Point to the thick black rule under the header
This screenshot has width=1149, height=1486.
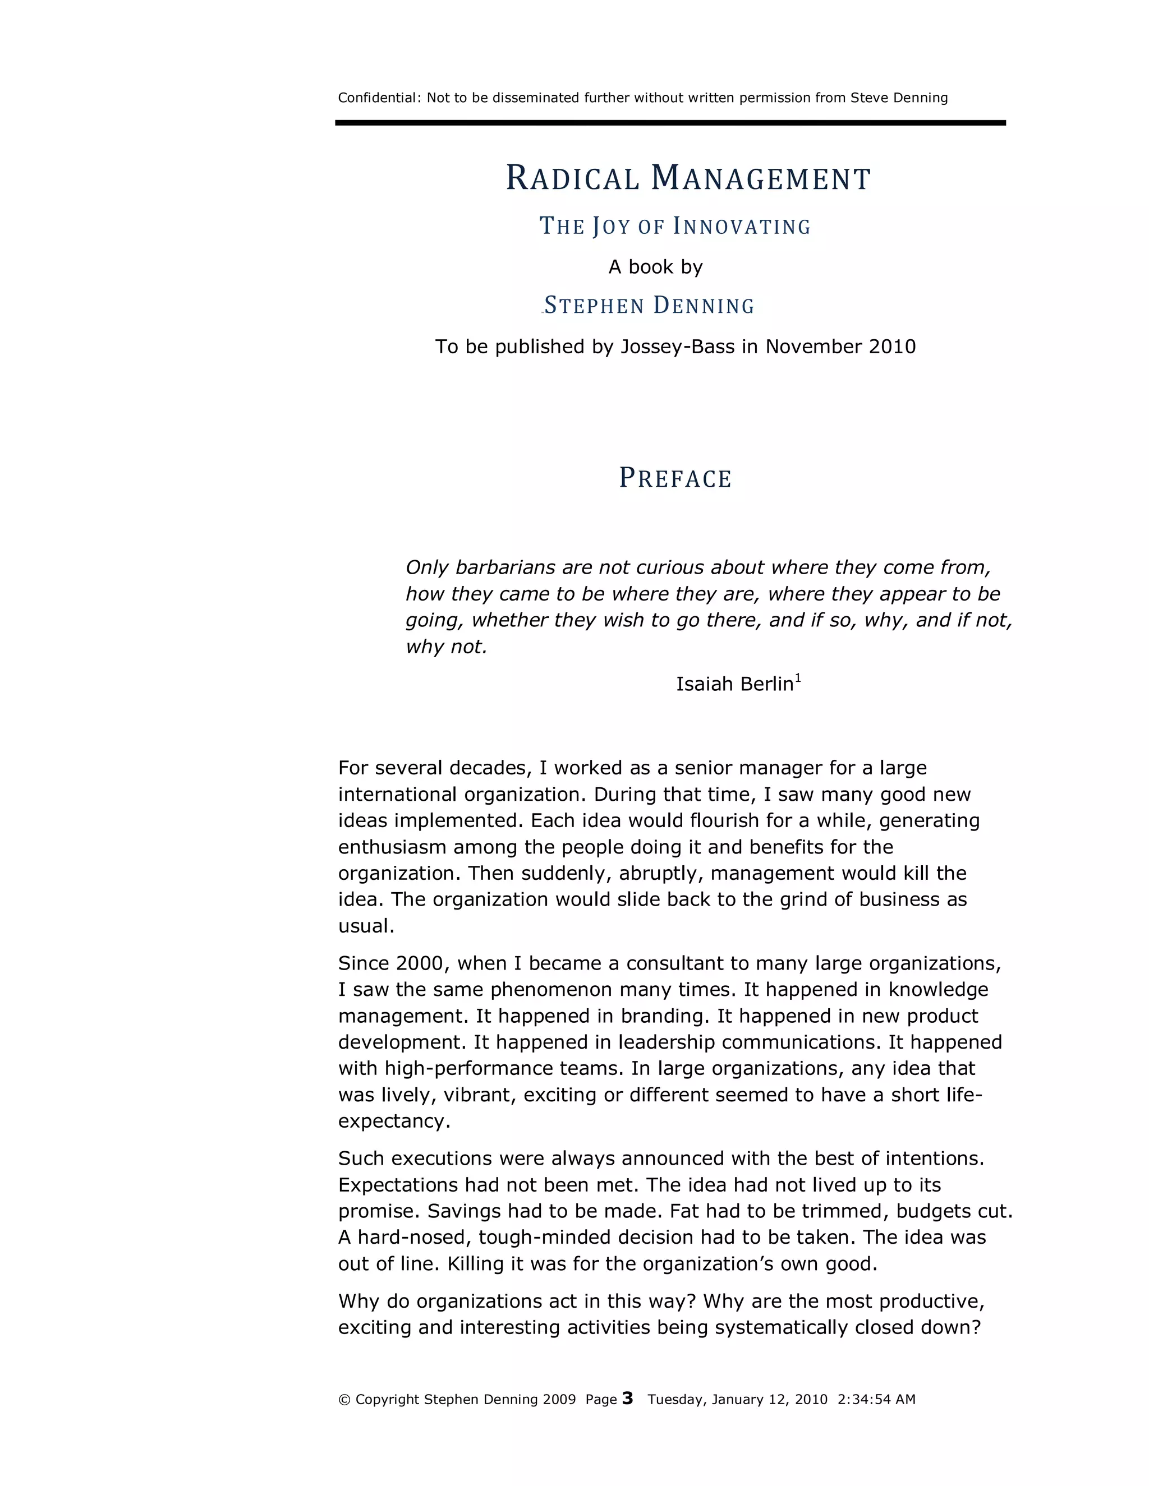(670, 123)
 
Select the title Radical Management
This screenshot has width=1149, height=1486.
(687, 178)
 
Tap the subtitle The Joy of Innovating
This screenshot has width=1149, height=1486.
(674, 226)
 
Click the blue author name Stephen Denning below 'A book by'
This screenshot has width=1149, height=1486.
(649, 306)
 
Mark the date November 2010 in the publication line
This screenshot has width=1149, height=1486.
(840, 347)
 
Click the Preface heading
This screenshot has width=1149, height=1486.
(674, 478)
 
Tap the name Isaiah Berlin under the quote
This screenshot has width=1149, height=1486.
(734, 684)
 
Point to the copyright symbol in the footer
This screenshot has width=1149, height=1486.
(344, 1400)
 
